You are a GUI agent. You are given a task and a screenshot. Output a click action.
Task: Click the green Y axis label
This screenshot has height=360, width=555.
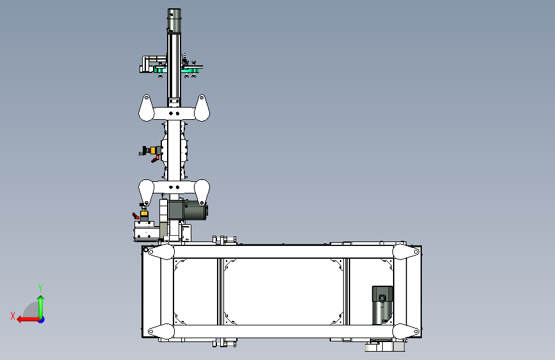(x=40, y=288)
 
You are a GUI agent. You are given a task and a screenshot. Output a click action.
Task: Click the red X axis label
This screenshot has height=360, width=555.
(x=13, y=316)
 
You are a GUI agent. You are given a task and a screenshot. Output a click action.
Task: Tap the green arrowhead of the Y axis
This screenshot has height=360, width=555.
(x=41, y=299)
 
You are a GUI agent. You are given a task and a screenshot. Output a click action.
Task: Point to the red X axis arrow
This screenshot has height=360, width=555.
(x=29, y=320)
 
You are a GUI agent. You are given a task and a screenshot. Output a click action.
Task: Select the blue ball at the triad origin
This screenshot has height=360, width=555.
(x=42, y=320)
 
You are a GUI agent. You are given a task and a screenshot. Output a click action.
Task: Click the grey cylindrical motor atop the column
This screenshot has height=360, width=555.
(x=173, y=20)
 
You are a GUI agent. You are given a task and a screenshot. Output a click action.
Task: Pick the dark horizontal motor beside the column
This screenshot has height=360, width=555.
(x=188, y=209)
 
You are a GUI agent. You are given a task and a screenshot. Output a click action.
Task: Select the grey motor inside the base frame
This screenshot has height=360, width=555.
(x=382, y=305)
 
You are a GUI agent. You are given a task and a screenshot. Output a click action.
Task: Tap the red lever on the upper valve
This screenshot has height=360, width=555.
(x=156, y=159)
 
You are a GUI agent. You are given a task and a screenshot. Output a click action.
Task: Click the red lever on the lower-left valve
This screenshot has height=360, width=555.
(x=136, y=215)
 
